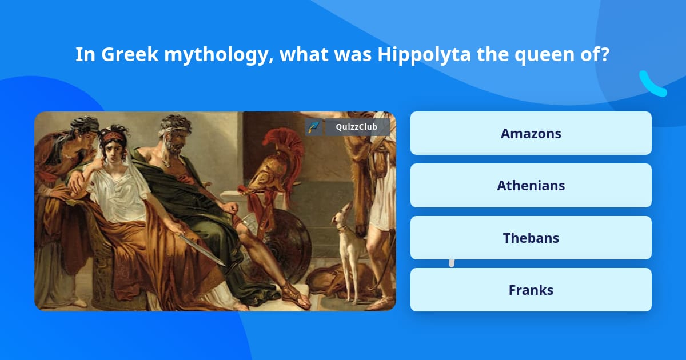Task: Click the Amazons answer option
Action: (x=531, y=133)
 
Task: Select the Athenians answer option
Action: (x=531, y=185)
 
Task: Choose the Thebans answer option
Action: (x=531, y=238)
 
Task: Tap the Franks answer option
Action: (x=531, y=290)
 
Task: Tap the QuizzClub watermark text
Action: (x=356, y=127)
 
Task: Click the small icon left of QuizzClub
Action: (x=313, y=127)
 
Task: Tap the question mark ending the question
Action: (x=605, y=55)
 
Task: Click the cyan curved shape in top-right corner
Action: (x=652, y=85)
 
